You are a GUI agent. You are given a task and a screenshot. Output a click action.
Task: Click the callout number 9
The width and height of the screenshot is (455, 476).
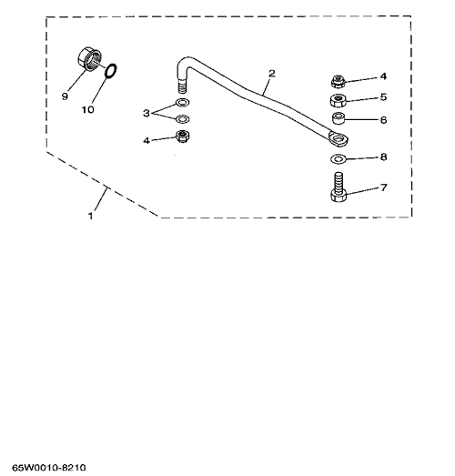click(65, 96)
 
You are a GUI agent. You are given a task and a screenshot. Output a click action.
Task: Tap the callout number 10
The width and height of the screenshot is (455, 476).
click(87, 109)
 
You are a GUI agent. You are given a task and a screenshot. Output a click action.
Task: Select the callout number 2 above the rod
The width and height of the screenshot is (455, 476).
click(272, 73)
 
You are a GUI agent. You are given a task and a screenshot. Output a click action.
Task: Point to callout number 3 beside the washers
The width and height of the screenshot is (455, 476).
click(147, 113)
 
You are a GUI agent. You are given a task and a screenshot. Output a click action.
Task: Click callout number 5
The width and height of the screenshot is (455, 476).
click(383, 97)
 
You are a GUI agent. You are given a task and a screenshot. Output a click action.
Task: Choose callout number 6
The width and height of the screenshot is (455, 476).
click(383, 120)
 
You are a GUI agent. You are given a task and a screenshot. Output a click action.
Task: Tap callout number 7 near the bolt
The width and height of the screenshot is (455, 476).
click(384, 187)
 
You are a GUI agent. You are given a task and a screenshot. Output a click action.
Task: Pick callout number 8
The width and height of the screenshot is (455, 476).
click(383, 157)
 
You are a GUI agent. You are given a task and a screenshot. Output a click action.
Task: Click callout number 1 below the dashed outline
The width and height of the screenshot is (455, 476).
click(90, 216)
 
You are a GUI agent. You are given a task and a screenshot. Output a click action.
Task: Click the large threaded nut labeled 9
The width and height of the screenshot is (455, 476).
click(88, 59)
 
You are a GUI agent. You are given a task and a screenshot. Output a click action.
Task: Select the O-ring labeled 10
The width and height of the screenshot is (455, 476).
click(111, 71)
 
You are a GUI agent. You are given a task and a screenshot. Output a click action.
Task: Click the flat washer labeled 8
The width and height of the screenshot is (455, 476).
click(338, 158)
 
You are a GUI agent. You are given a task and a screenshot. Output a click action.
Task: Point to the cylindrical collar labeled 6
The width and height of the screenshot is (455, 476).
click(339, 118)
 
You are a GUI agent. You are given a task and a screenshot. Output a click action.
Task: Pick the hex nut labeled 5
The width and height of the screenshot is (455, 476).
click(338, 100)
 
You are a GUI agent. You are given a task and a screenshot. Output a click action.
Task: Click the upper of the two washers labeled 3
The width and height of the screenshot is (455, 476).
click(182, 103)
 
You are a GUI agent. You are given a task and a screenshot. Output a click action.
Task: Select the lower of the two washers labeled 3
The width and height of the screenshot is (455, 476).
click(182, 119)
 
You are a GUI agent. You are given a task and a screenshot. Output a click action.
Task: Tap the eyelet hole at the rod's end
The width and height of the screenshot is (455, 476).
click(339, 139)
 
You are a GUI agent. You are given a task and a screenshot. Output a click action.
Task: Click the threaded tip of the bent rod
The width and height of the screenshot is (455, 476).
click(182, 86)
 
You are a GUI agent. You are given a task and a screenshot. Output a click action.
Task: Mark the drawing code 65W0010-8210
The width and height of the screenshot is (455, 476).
click(49, 468)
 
